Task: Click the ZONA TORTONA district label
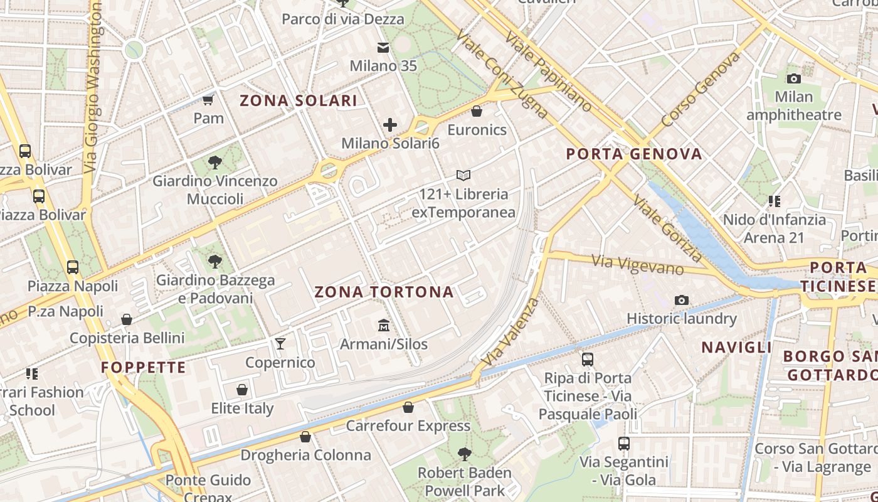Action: [384, 292]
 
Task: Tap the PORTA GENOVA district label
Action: [634, 154]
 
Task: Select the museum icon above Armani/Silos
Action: [383, 326]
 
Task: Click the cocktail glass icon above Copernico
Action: [280, 344]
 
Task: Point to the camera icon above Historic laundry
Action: [682, 301]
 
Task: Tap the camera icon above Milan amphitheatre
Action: [794, 78]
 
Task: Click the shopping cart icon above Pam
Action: [208, 100]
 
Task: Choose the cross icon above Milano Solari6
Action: [390, 125]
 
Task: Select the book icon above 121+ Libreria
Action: [463, 175]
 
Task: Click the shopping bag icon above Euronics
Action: [477, 111]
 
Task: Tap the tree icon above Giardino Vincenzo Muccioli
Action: [215, 163]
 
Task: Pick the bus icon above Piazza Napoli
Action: [73, 267]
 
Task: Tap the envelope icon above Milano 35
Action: [383, 48]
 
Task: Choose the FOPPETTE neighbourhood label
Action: [144, 367]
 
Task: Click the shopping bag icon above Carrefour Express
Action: [408, 408]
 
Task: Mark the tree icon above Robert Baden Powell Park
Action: [464, 454]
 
